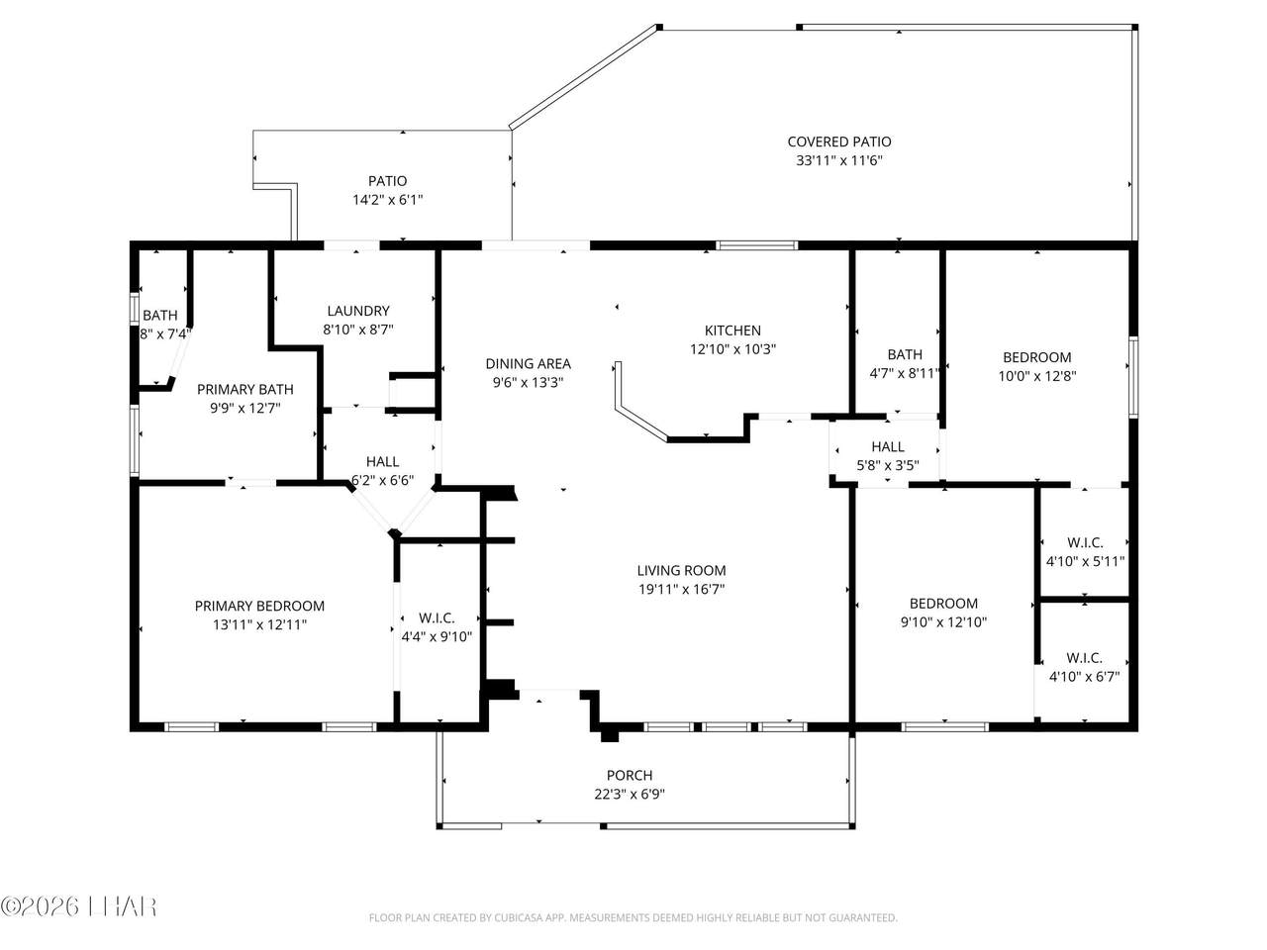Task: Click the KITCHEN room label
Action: tap(731, 331)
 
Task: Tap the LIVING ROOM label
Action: tap(681, 570)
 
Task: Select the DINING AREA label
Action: tap(528, 364)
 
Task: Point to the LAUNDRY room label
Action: tap(358, 311)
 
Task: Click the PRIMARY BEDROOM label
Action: tap(259, 606)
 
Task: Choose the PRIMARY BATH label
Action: tap(244, 389)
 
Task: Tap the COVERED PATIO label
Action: tap(838, 142)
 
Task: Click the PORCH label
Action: tap(630, 775)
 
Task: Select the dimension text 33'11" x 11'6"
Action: tap(838, 160)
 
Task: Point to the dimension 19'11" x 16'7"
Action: tap(681, 589)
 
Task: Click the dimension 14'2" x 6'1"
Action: tap(387, 200)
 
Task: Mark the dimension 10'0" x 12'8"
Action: tap(1036, 376)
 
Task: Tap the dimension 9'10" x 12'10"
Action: tap(943, 622)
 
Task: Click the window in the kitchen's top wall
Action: tap(756, 245)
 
